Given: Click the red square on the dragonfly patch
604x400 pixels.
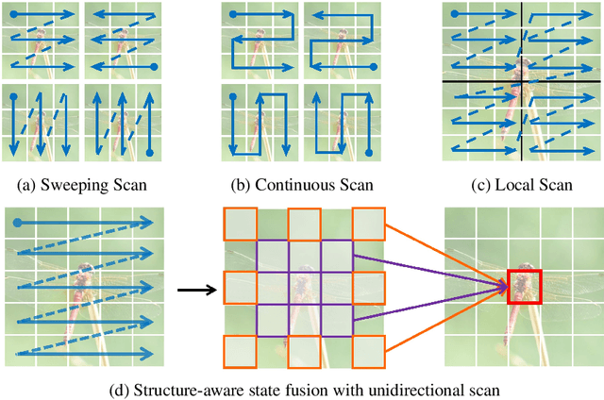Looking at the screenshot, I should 525,286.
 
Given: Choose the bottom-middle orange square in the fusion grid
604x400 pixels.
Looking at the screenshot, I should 304,350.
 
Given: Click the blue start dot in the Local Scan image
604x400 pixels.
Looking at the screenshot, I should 457,14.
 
